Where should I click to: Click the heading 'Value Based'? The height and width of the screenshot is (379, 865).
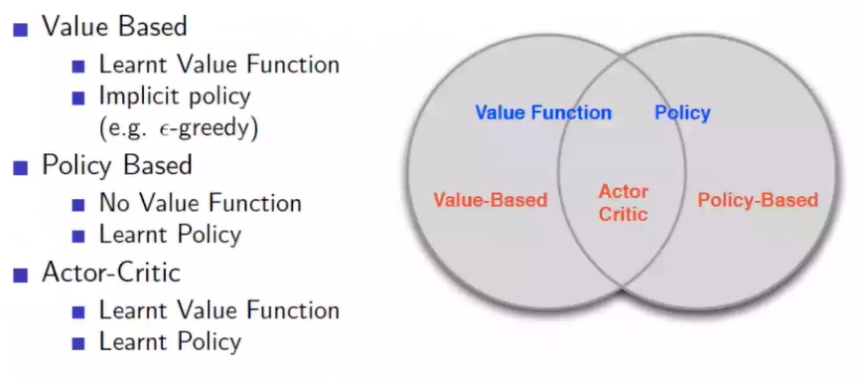coord(115,26)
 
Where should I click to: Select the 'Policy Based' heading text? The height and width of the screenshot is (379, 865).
coord(117,165)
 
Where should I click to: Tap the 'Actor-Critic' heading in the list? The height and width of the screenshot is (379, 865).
coord(111,273)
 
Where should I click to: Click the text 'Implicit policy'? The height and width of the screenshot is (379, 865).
coord(175,97)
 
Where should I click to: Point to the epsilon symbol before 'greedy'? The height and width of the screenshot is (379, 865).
coord(137,129)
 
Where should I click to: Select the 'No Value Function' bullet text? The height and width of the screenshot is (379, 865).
coord(201,203)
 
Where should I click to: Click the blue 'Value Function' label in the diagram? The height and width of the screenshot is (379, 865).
coord(543,112)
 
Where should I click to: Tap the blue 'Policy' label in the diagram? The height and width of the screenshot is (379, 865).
coord(682,112)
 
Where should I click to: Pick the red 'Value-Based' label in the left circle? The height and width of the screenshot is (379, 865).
coord(490,199)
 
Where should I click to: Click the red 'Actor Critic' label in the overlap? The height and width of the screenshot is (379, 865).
coord(624,203)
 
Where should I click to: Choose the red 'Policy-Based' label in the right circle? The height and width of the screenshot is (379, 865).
coord(758,199)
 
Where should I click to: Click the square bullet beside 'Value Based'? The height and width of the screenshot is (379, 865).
coord(21,29)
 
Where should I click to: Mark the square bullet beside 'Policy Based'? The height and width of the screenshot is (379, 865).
coord(21,168)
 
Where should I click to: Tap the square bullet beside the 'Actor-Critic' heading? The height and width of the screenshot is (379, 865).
coord(21,276)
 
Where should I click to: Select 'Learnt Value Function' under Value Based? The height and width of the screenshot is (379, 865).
coord(219,65)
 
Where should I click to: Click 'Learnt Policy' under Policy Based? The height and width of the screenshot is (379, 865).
coord(171,235)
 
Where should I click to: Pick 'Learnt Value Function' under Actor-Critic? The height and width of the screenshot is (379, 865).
coord(219,310)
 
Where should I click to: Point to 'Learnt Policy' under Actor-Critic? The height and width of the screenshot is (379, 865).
coord(171,342)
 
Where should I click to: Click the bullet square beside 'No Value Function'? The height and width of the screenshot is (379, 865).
coord(78,206)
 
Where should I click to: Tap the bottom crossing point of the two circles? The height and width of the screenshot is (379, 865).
coord(623,287)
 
